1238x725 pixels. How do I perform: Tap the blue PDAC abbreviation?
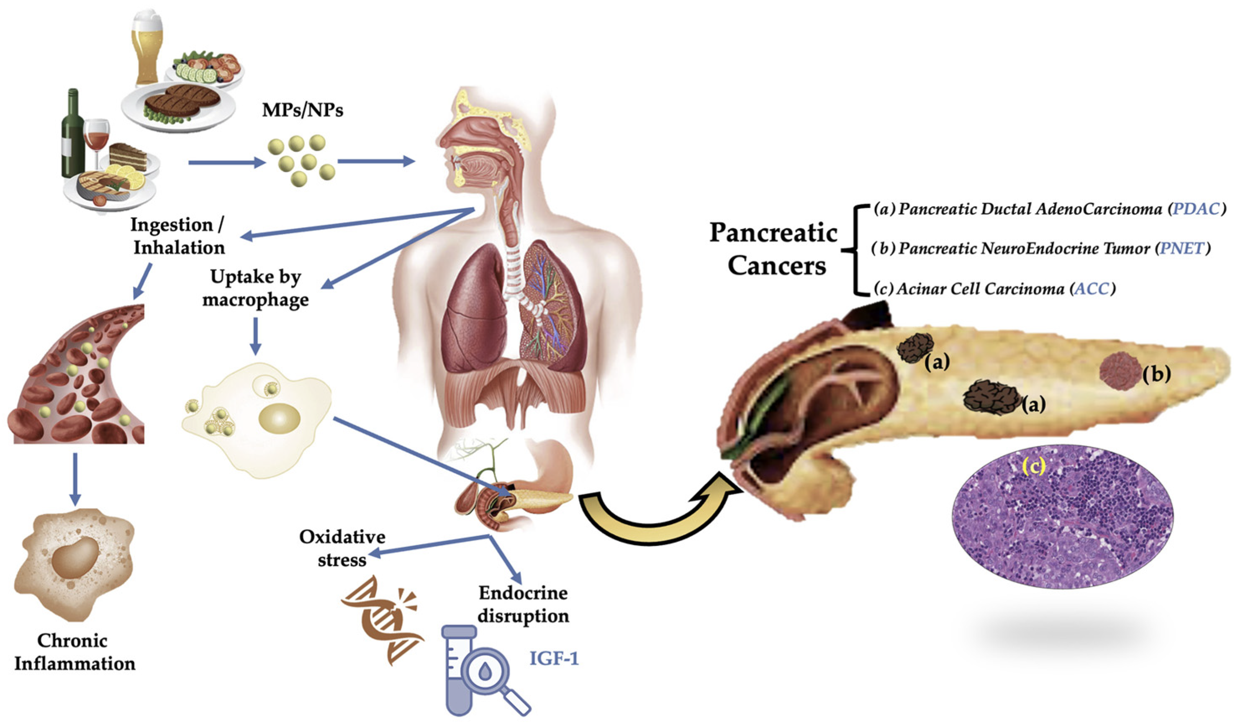1195,209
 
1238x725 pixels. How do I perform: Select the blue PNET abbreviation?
1181,249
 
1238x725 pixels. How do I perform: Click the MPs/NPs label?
303,110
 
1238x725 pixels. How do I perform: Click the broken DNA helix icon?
382,620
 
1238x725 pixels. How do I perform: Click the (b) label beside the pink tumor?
1156,374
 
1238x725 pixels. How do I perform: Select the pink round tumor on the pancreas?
1120,371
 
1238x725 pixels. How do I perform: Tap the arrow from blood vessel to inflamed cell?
74,479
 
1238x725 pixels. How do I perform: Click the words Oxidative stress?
342,548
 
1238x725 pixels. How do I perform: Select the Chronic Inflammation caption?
74,652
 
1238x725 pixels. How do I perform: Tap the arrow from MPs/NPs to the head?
376,161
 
